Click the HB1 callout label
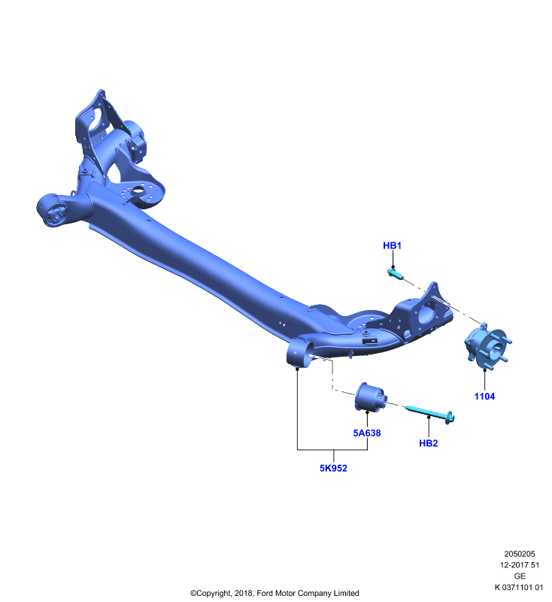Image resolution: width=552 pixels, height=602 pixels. pos(392,246)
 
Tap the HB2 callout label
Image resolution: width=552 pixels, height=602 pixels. pos(429,443)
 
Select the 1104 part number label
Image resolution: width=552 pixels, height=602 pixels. pos(484,397)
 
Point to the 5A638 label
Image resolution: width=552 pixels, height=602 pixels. pos(367,433)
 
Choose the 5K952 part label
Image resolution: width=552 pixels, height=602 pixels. pos(333,468)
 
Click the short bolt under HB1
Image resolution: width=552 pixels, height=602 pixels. pos(395,274)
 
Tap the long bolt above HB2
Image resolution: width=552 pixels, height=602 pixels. pos(430,414)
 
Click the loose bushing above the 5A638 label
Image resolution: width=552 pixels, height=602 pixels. pos(370,397)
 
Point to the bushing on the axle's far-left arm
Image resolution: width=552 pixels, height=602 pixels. pos(53,211)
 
